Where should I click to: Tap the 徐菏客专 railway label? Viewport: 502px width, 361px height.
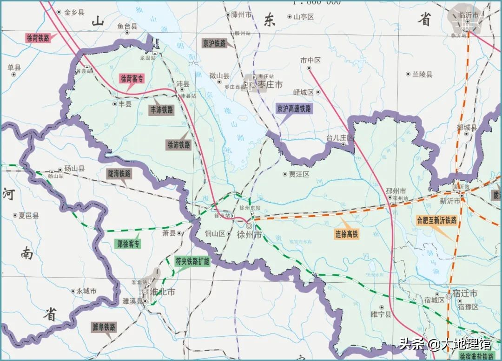(132, 78)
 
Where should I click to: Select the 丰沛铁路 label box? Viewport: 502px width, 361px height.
(161, 110)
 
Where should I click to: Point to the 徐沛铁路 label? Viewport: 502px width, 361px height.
(179, 145)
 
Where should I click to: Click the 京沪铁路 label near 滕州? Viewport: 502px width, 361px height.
(214, 43)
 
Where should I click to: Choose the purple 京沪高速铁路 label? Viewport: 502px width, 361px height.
(294, 109)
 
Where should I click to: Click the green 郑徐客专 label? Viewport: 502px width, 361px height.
(127, 244)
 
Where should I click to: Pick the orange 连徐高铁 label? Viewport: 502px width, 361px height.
(347, 235)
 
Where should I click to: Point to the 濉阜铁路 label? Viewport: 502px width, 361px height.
(104, 327)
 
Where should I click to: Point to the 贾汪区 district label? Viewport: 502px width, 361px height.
(299, 174)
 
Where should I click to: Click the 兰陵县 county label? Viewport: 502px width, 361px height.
(423, 74)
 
